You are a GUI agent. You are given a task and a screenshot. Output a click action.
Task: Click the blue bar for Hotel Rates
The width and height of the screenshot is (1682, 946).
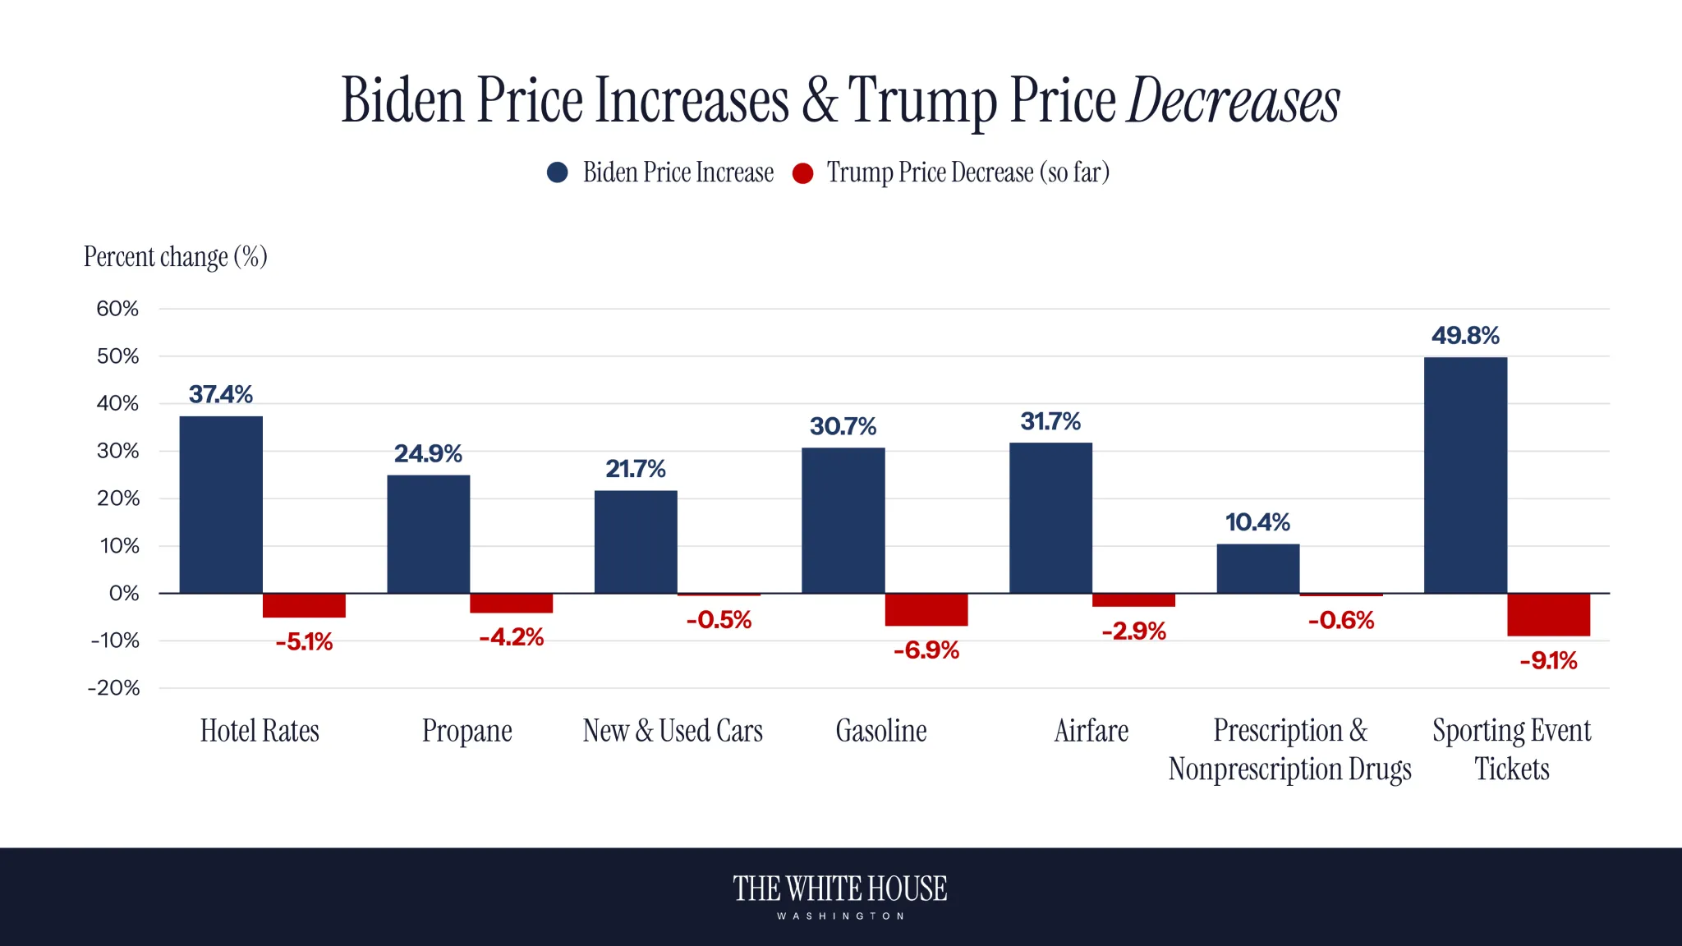coord(221,504)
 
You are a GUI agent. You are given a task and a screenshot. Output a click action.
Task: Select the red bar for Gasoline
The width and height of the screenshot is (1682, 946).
coord(926,609)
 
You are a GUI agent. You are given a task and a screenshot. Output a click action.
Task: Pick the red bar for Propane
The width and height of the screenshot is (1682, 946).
coord(511,603)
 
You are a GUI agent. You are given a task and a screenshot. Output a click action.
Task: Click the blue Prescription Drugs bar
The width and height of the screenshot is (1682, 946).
coord(1257,568)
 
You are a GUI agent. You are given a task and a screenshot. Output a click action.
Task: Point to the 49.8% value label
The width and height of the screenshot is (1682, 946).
coord(1465,335)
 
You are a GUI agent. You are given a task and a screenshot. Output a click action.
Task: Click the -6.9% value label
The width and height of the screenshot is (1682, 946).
coord(926,650)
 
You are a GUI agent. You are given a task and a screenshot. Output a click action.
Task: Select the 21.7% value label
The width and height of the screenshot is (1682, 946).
coord(635,469)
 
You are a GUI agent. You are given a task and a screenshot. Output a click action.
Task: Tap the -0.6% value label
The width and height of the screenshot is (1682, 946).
coord(1340,620)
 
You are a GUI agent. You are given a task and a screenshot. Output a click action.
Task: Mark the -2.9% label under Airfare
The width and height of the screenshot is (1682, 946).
coord(1133,631)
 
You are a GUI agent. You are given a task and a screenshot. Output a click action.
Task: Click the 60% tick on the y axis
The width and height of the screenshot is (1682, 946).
coord(117,309)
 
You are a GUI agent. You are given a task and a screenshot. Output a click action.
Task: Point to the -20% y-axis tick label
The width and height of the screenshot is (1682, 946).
coord(114,688)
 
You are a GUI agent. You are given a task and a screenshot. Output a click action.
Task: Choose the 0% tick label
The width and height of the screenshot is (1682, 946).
coord(123,593)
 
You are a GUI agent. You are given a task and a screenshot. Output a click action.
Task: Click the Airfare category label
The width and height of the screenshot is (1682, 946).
coord(1091,731)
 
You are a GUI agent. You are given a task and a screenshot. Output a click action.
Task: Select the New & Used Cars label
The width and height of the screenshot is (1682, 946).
coord(673,731)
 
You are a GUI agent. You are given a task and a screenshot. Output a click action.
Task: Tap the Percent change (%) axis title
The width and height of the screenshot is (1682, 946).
coord(175,257)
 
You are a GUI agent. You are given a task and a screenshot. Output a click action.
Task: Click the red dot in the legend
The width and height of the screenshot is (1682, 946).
coord(802,173)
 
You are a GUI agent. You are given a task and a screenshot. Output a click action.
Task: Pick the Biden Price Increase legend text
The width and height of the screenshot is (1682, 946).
coord(678,172)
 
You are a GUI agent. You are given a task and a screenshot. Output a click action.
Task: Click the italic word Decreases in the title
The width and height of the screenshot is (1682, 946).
coord(1233,101)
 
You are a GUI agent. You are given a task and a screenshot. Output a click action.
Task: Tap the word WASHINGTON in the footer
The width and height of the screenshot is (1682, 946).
coord(840,916)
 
